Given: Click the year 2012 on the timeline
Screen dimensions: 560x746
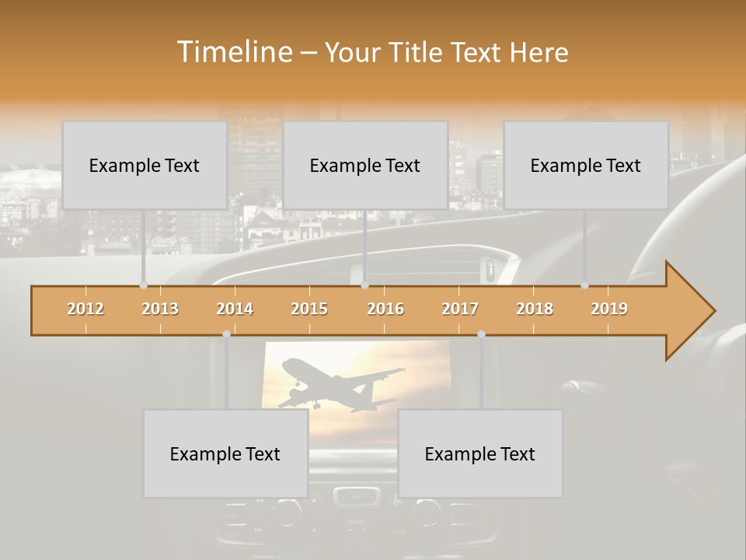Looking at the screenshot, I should click(x=85, y=309).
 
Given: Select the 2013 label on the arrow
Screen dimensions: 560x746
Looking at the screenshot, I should click(x=160, y=309).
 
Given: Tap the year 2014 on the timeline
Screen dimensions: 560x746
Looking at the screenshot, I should click(x=235, y=309).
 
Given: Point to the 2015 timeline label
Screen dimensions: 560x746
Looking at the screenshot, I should click(x=309, y=309).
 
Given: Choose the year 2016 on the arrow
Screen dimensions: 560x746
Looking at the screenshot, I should click(x=385, y=309).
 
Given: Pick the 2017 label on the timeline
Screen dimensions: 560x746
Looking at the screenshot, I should click(x=460, y=309).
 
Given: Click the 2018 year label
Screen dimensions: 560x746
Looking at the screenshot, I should click(x=535, y=309).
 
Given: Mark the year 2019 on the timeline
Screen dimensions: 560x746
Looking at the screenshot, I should click(x=609, y=309).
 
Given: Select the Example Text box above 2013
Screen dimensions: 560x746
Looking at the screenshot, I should click(x=145, y=165).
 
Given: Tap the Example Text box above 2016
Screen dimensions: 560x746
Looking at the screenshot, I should click(x=365, y=165).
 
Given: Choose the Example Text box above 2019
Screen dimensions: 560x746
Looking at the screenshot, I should click(x=586, y=165).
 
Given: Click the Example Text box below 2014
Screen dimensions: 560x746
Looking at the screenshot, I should click(x=225, y=453).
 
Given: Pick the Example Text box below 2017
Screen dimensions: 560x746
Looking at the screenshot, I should click(x=480, y=453).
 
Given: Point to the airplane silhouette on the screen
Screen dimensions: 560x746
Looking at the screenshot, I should click(x=342, y=386).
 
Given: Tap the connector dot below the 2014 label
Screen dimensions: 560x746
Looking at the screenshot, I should click(x=226, y=334).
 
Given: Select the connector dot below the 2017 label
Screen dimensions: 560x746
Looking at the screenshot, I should click(x=481, y=334).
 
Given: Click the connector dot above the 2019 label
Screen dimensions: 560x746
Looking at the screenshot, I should click(x=584, y=285).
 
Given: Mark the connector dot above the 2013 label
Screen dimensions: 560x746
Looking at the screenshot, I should click(x=143, y=285).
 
